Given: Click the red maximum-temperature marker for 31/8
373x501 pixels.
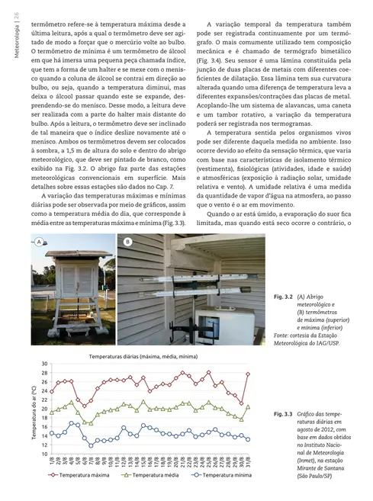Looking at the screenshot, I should tap(249, 374).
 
